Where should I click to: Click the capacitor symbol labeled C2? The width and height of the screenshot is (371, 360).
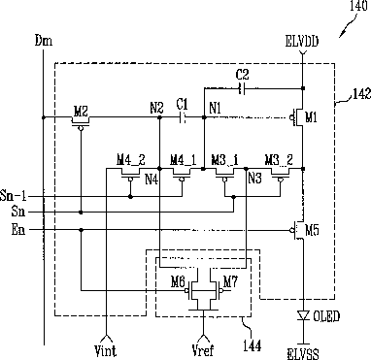coord(242,88)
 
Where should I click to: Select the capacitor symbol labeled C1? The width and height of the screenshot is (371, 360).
coord(183,117)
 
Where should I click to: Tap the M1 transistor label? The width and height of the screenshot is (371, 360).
coord(311,118)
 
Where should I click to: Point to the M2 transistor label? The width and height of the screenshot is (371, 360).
coord(81,112)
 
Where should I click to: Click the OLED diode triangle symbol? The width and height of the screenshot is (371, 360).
coord(303,315)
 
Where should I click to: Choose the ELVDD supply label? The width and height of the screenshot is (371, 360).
coord(302,42)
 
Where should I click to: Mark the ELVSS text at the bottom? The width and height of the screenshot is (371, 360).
coord(303,353)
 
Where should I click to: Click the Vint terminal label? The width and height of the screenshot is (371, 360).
coord(106,350)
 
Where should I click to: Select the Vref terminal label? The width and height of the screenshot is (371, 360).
coord(203,350)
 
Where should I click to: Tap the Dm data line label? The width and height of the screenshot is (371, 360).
coord(44,41)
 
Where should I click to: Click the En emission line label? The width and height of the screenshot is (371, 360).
coord(18,230)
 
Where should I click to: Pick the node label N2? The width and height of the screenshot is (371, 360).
coord(156,108)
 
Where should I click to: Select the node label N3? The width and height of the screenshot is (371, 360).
coord(254,179)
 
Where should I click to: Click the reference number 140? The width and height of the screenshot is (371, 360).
coord(358,7)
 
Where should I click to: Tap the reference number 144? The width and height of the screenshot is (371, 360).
coord(252,345)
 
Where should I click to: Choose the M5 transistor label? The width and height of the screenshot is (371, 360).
coord(312,231)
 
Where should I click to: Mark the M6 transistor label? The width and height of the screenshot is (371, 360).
coord(178,282)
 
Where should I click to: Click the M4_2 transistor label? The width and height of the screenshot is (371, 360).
coord(131,160)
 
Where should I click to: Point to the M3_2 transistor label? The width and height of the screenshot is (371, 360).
coord(279,160)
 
